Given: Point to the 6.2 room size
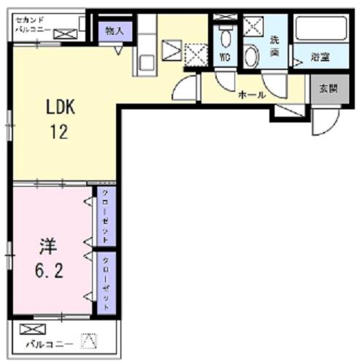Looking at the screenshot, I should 48,271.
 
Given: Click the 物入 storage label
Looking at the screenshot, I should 115,31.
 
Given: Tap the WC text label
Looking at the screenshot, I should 225,54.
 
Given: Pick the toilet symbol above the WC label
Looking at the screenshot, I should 225,36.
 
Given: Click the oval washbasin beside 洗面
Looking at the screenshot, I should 253,57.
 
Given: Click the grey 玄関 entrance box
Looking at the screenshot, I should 323,88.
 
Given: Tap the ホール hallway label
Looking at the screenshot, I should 250,95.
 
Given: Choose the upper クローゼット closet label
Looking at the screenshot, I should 106,217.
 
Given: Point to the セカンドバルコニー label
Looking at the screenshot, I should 31,24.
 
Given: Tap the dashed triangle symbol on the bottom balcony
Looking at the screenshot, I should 89,339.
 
